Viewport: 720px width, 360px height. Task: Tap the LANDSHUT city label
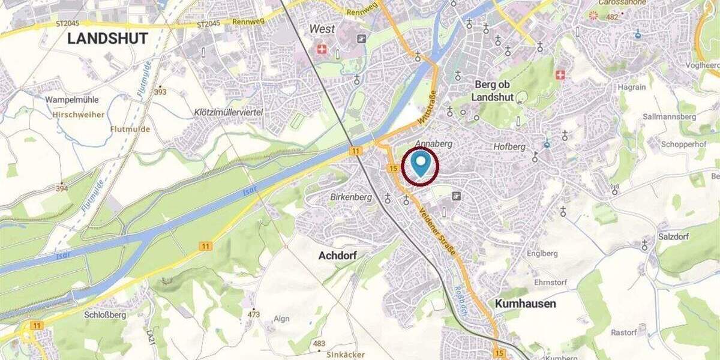click(x=107, y=39)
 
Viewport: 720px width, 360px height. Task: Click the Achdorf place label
click(x=338, y=256)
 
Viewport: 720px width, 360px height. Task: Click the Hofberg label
click(x=509, y=146)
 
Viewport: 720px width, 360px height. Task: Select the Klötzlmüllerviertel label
click(x=229, y=112)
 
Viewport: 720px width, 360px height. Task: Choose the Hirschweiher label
click(x=78, y=115)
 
